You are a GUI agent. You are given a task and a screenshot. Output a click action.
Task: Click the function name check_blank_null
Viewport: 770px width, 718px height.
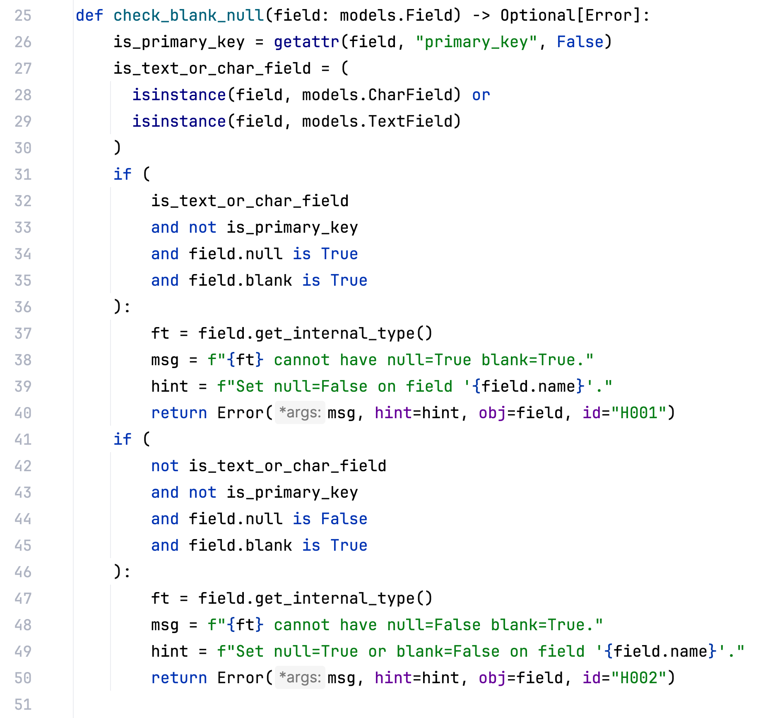(188, 16)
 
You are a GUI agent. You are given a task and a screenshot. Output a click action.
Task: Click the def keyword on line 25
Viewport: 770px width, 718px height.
(89, 16)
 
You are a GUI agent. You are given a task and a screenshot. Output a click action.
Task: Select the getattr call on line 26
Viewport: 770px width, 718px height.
(306, 42)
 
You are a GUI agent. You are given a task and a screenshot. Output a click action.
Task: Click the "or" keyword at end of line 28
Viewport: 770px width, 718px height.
(481, 95)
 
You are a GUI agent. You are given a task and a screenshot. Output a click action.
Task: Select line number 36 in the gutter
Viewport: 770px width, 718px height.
(23, 307)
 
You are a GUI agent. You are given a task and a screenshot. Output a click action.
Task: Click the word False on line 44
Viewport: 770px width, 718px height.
(344, 519)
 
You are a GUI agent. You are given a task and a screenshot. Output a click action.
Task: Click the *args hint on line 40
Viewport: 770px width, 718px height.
(300, 413)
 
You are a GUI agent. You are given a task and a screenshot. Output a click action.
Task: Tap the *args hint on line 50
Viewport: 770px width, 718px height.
(300, 678)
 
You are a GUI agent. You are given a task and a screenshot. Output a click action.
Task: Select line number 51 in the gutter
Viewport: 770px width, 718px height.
(23, 705)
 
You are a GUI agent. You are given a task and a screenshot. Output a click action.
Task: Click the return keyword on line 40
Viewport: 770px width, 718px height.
(179, 413)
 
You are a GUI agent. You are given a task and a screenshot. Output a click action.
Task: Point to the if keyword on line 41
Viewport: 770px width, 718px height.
(123, 440)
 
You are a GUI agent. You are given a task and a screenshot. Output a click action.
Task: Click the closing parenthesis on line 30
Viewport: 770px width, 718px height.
(118, 148)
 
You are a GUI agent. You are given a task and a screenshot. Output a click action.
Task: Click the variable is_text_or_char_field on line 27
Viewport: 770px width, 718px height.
(212, 69)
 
